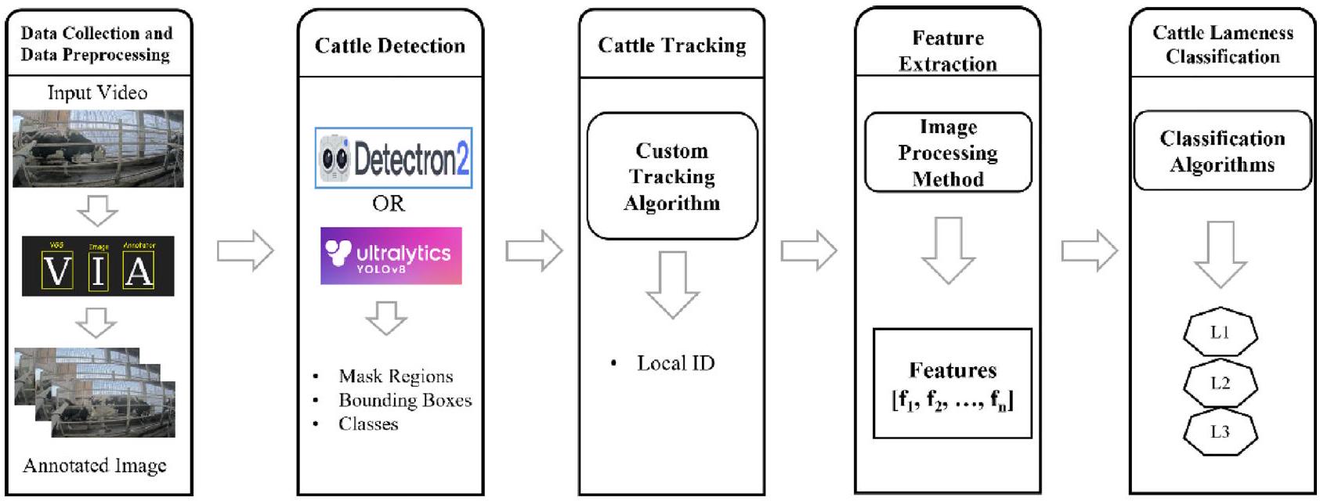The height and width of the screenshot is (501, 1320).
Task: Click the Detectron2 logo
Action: [393, 158]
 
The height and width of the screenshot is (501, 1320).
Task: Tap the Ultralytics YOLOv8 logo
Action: [391, 256]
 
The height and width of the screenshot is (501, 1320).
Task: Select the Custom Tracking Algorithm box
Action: [672, 176]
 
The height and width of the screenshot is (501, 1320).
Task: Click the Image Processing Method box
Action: [948, 153]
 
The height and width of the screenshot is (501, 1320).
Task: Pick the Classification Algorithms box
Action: [1222, 151]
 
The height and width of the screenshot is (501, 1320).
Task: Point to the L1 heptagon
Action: [1220, 333]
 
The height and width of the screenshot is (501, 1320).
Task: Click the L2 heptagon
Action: [1220, 384]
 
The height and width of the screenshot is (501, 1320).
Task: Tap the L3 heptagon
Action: [1220, 432]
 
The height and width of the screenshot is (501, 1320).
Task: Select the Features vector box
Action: [952, 384]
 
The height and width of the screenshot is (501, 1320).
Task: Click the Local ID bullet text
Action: [675, 363]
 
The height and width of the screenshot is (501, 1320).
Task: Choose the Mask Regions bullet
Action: [395, 377]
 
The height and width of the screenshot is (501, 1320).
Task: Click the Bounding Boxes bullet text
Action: [404, 400]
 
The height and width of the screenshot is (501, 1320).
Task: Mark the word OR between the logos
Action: [389, 204]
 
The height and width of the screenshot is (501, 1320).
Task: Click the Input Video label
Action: [97, 92]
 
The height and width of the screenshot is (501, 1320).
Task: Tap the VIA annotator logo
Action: [98, 266]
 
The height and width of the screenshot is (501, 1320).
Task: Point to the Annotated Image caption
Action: [95, 466]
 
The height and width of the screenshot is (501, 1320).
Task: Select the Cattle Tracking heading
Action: [671, 45]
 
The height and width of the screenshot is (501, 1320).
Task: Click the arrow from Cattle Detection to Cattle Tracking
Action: [534, 251]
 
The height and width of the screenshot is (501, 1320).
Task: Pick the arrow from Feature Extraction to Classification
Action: [1089, 251]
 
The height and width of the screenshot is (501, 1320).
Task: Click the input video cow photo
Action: [98, 149]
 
